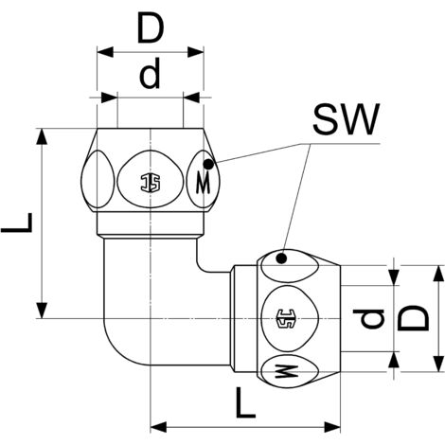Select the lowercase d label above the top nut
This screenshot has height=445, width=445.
(149, 76)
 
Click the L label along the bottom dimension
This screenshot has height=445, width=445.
(245, 405)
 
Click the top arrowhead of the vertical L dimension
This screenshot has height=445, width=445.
(41, 132)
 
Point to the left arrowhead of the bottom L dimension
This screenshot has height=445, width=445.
(157, 424)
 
